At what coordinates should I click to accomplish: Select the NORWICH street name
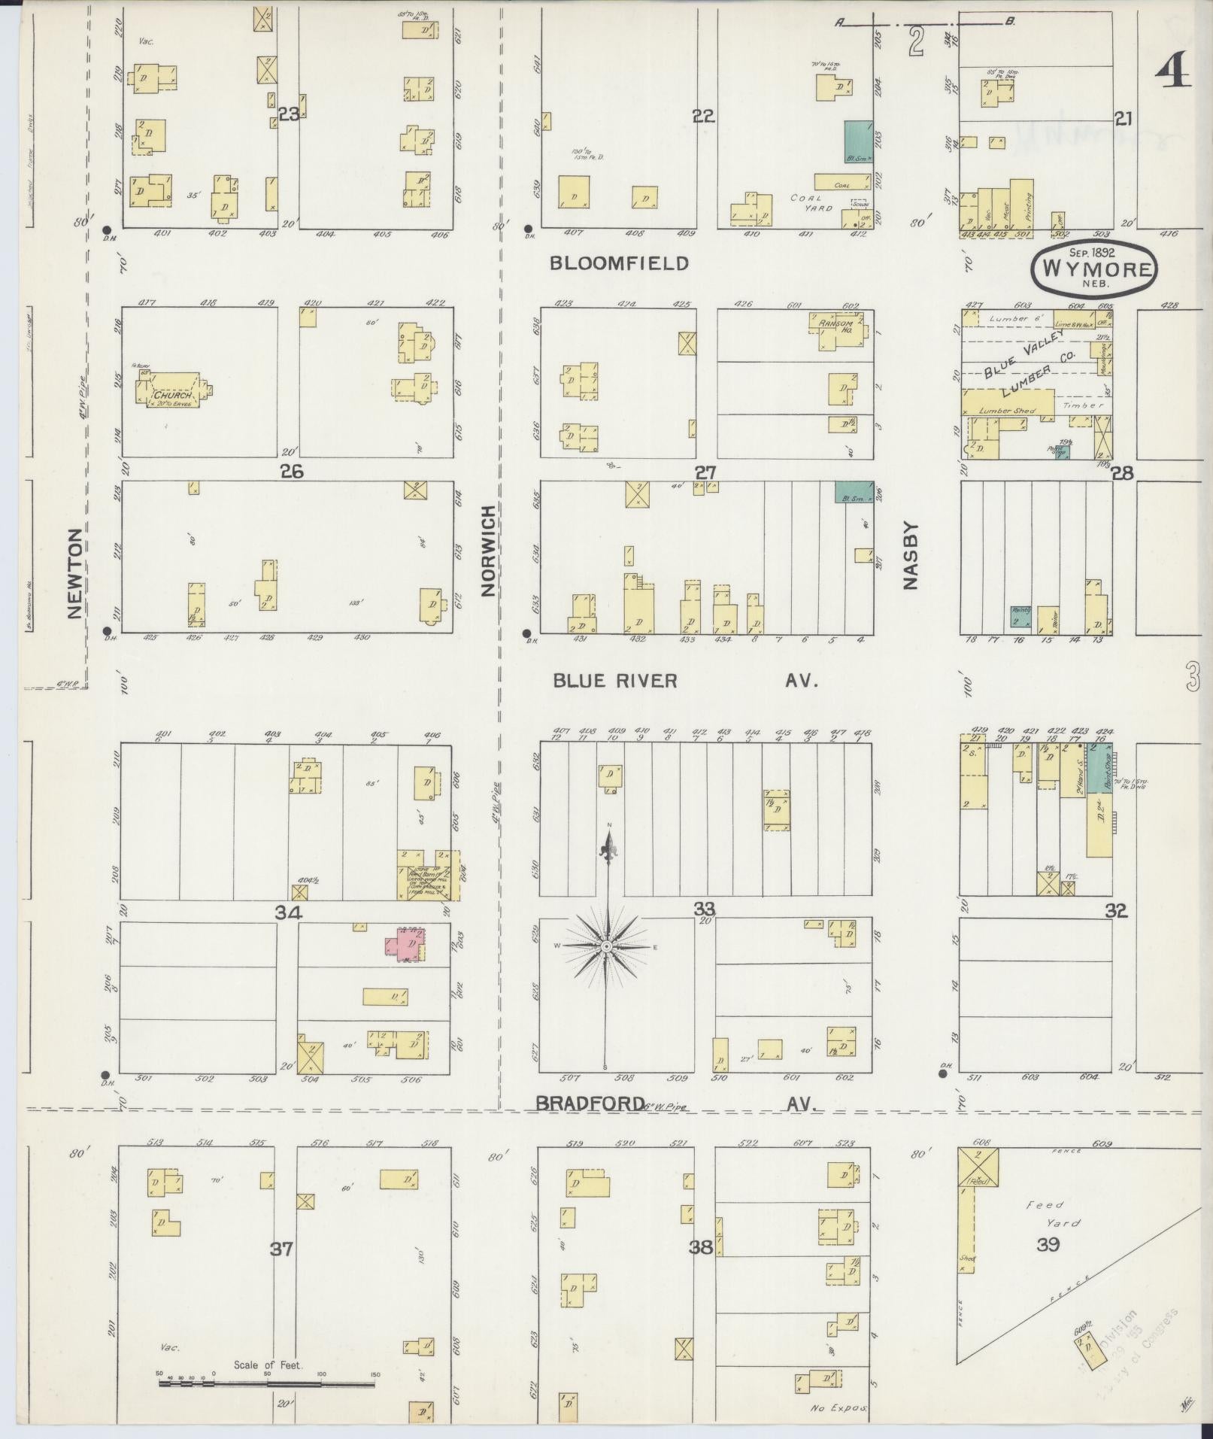tap(489, 551)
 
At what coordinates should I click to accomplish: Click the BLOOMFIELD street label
tap(619, 263)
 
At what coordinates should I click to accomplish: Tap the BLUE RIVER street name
tap(615, 681)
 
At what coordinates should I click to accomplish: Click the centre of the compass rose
tap(606, 946)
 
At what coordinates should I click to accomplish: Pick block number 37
tap(281, 1249)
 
